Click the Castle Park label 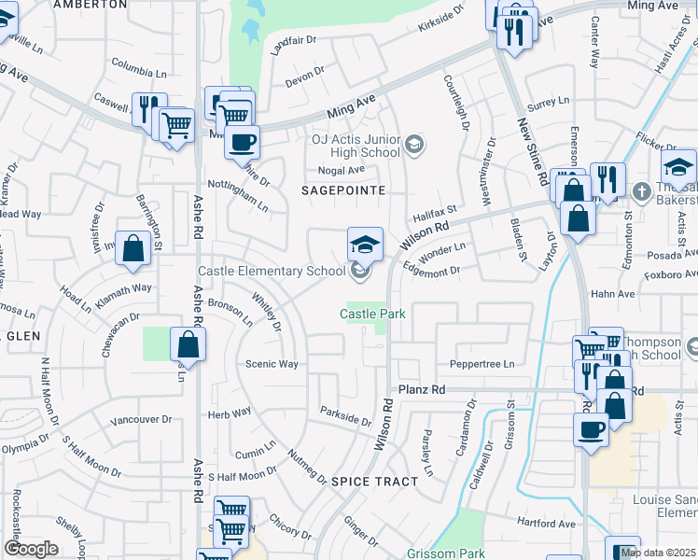(x=371, y=315)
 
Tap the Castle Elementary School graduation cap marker (x=365, y=245)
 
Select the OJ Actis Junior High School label (x=355, y=146)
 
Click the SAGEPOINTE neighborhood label (x=343, y=189)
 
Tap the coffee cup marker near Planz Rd (x=590, y=430)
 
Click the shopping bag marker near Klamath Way (x=133, y=249)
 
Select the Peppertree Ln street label (x=482, y=363)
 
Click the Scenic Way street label (x=272, y=364)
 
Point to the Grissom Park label (x=445, y=553)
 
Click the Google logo (x=31, y=549)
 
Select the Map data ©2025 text (x=658, y=553)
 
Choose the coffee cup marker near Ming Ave (x=243, y=143)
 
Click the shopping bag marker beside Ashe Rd (x=188, y=344)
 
